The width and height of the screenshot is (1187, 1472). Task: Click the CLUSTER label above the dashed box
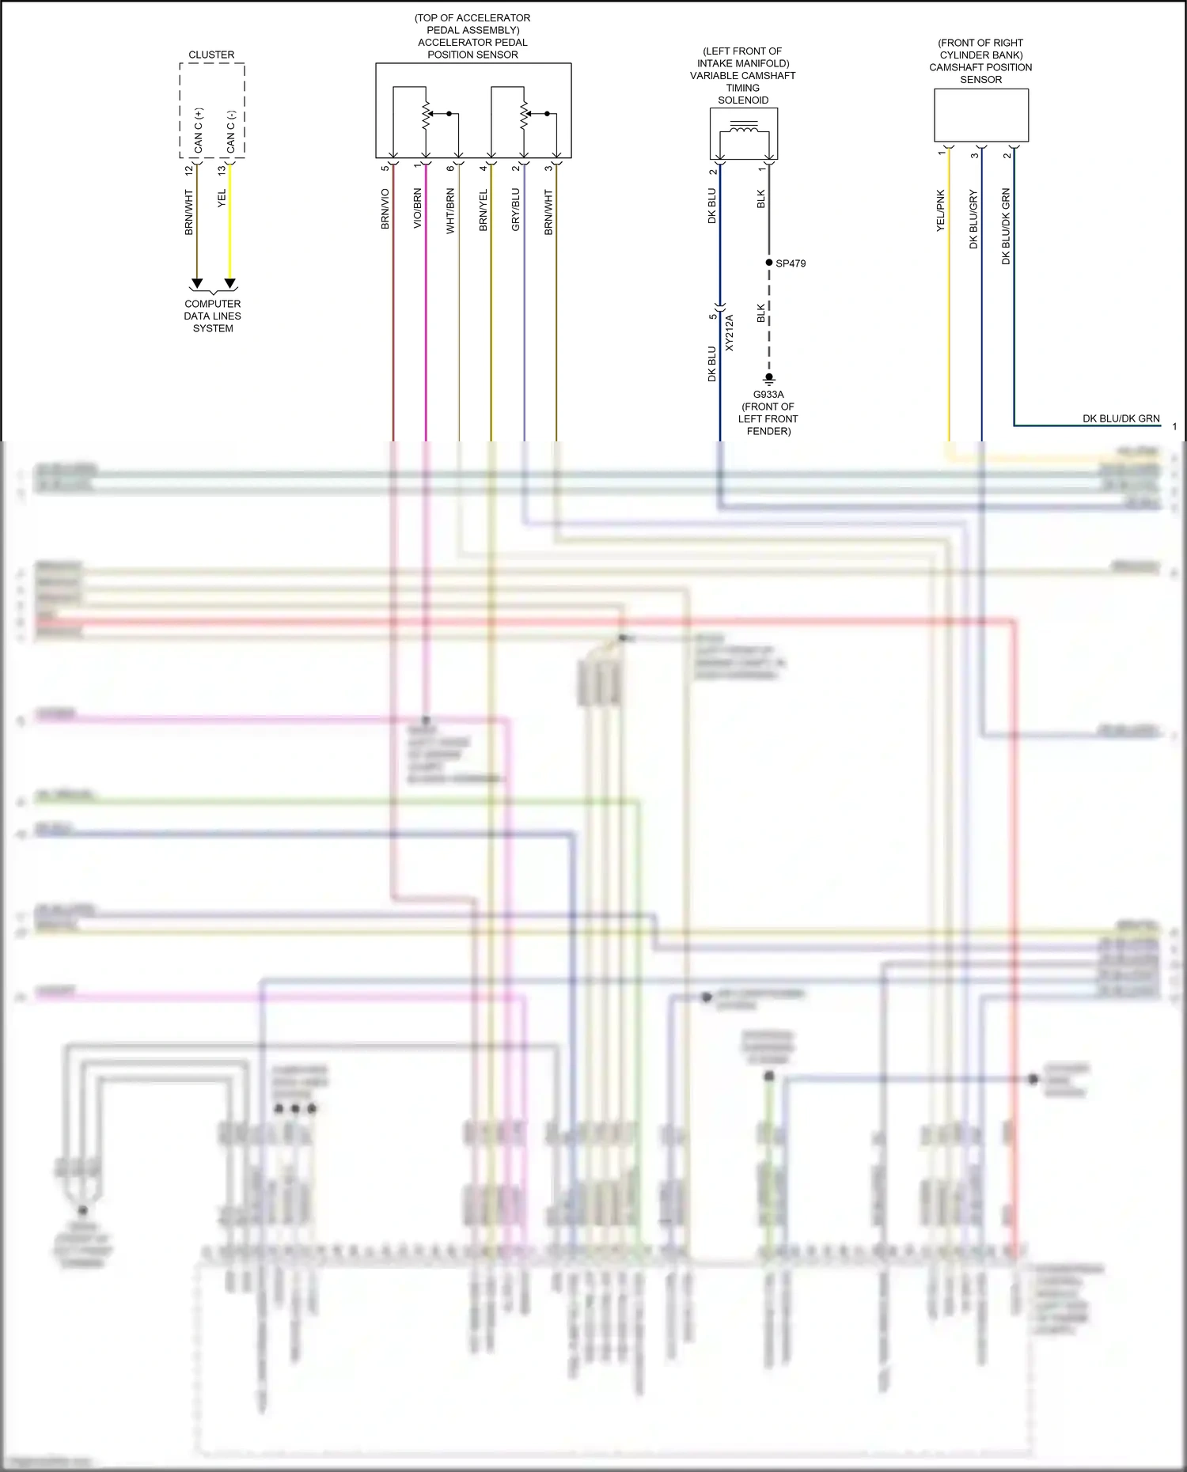pos(211,55)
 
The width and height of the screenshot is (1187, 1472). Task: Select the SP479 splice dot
pos(768,263)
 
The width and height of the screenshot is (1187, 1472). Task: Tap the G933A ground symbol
pos(768,380)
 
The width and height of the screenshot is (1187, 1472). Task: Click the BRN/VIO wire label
pos(385,210)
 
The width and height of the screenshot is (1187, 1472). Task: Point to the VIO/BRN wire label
pos(418,210)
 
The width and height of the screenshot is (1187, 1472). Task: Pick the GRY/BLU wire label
pos(516,210)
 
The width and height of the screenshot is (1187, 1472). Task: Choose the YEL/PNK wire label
pos(941,210)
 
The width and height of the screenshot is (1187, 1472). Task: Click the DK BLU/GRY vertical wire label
pos(973,220)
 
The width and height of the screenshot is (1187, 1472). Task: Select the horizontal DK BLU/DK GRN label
pos(1121,418)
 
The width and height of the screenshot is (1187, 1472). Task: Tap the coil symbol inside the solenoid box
pos(744,128)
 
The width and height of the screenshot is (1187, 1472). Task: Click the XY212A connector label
pos(730,333)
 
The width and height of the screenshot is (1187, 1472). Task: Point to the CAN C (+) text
pos(198,131)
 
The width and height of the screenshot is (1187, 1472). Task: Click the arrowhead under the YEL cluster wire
pos(230,283)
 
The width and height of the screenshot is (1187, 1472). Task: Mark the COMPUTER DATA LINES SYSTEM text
pos(213,316)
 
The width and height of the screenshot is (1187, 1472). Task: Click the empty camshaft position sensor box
pos(981,115)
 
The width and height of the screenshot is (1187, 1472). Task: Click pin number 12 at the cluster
pos(188,170)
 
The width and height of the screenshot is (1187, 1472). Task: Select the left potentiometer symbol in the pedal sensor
pos(427,115)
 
